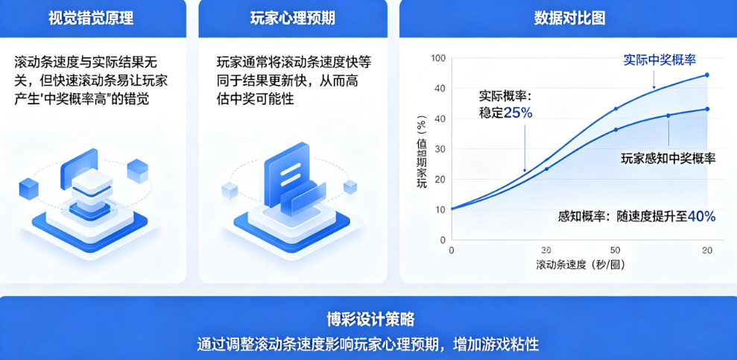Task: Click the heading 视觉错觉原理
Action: point(91,18)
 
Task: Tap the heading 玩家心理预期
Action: point(292,18)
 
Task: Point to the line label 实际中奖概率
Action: point(659,60)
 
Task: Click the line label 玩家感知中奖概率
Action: point(668,158)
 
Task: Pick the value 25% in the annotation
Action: point(518,113)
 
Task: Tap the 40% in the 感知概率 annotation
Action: point(702,216)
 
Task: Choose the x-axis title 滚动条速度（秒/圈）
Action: point(581,265)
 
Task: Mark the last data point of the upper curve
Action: point(707,75)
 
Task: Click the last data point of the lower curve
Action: point(707,109)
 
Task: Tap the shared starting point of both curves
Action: point(452,209)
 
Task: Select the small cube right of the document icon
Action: point(350,187)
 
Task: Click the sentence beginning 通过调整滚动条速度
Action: point(368,344)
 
